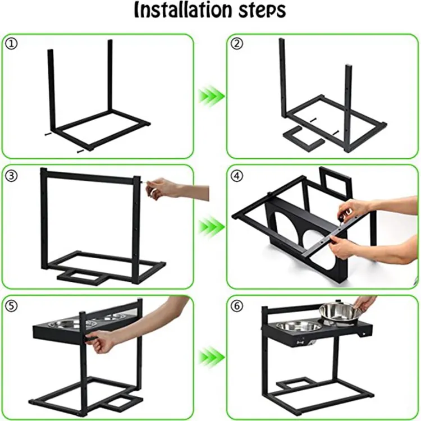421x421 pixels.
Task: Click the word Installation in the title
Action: (x=182, y=10)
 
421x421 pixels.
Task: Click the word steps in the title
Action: (x=261, y=11)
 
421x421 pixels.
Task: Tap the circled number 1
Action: (x=11, y=44)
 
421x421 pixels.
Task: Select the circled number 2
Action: (x=237, y=44)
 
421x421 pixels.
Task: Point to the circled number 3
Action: (x=11, y=176)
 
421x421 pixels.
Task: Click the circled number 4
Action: (x=237, y=176)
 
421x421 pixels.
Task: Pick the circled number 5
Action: (x=11, y=306)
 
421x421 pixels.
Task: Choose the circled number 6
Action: (x=237, y=306)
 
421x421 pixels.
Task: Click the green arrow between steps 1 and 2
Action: (x=211, y=96)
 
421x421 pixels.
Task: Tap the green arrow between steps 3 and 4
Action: (x=211, y=227)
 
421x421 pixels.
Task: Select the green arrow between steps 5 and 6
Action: (x=211, y=358)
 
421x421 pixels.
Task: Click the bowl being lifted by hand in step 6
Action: (x=339, y=313)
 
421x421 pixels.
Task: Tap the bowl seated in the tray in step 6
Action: (x=299, y=327)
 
